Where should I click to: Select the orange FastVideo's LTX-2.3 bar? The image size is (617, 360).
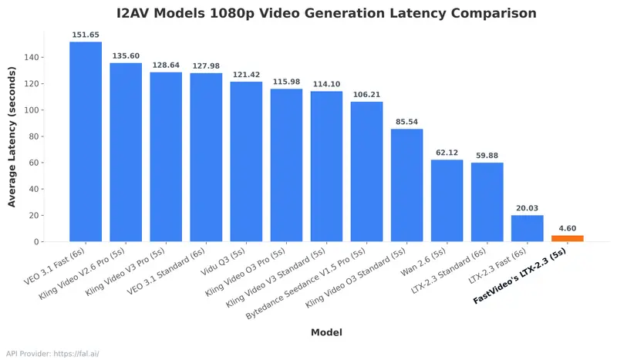[567, 238]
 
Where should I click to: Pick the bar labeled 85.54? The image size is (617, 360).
[406, 185]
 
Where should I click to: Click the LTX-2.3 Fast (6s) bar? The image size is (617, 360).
[527, 228]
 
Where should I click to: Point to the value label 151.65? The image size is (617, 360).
[86, 35]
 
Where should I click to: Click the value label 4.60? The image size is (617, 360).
[567, 229]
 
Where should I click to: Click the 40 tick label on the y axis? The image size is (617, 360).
[35, 190]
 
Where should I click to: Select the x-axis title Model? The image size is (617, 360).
[326, 332]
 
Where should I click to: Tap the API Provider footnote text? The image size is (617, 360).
[52, 354]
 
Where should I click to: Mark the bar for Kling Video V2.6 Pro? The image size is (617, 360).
[126, 152]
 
